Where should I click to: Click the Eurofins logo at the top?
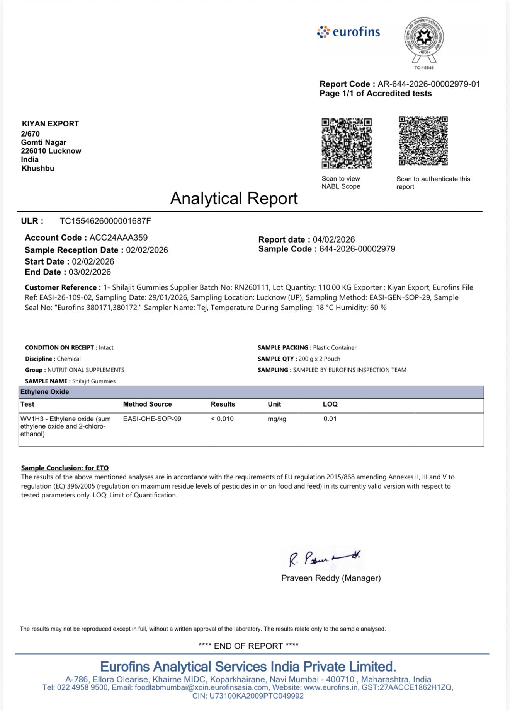tap(348, 32)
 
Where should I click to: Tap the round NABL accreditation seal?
tap(424, 38)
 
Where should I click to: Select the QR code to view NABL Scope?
tap(346, 143)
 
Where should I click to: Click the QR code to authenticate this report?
tap(423, 141)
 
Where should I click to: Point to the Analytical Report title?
tap(234, 198)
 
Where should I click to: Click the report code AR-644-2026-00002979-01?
tap(429, 84)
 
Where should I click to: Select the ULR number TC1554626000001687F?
tap(105, 221)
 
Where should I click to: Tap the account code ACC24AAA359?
tap(118, 238)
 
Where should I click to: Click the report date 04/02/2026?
tap(333, 239)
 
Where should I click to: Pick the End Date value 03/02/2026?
tap(90, 272)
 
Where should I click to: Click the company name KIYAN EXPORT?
tap(50, 124)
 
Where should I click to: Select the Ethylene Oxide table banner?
tap(251, 392)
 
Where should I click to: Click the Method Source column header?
tap(147, 404)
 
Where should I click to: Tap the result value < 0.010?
tap(222, 419)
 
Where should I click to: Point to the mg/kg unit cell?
tap(277, 419)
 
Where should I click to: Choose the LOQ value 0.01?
tap(330, 419)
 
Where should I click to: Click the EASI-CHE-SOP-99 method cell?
tap(152, 419)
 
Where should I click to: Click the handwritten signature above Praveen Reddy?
tap(324, 558)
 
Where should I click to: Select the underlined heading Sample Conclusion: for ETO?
tap(65, 468)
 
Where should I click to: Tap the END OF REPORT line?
tap(248, 646)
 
